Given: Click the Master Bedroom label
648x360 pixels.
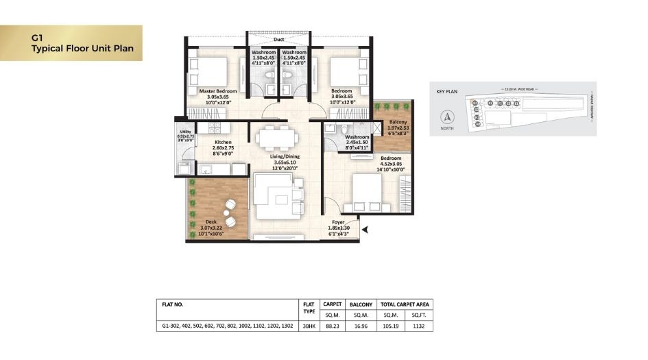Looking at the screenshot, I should point(218,91).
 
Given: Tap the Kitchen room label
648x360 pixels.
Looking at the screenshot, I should point(213,143).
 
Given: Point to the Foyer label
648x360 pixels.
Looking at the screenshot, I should point(339,222).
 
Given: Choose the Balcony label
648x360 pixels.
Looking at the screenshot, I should point(398,121).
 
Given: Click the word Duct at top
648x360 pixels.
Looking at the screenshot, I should point(278,40).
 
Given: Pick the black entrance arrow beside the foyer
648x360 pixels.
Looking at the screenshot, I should point(365,230).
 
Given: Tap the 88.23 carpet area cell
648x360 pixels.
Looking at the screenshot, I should point(332,326).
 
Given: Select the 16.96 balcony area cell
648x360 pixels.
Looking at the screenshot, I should point(361,326).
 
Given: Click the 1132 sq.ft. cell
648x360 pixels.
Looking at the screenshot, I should point(419,326).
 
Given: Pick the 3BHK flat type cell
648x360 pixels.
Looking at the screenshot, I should point(308,326).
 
